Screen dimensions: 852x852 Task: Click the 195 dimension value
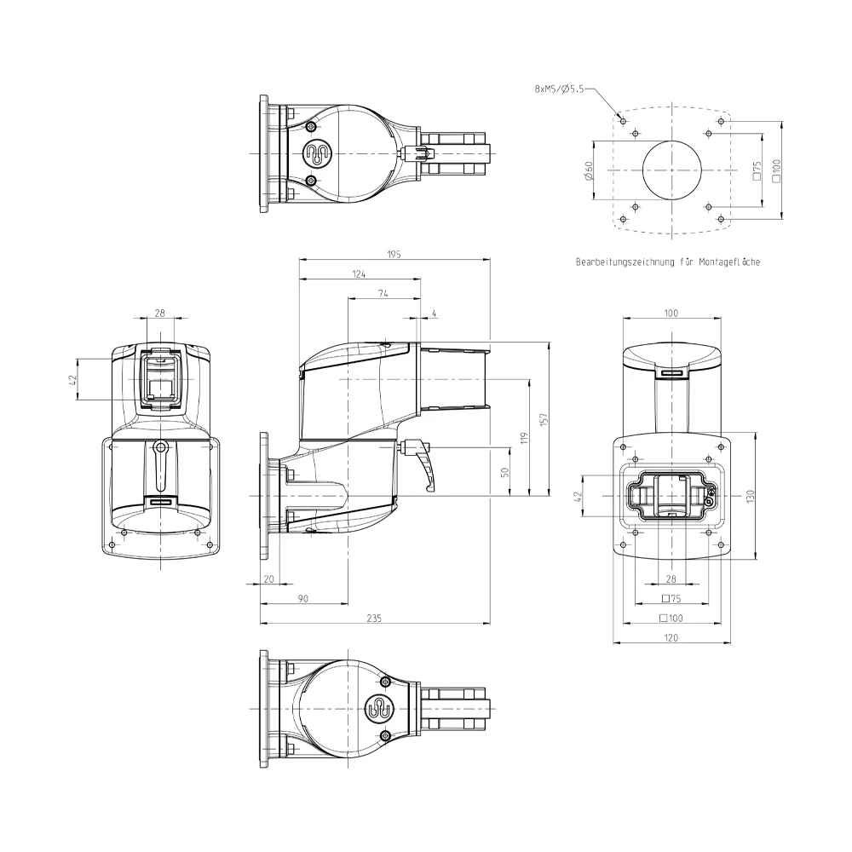[x=394, y=254]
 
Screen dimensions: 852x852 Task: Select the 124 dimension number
[x=359, y=273]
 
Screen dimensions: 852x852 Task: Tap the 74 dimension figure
[x=383, y=293]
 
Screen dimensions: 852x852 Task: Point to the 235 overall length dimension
[x=374, y=618]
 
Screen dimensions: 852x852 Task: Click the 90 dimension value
[x=303, y=598]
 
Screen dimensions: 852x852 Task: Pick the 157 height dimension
[x=544, y=419]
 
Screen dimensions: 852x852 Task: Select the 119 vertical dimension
[x=524, y=438]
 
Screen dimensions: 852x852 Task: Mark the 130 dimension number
[x=751, y=496]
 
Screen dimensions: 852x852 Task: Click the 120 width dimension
[x=671, y=637]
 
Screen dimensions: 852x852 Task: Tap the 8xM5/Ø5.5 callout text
[x=559, y=89]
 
